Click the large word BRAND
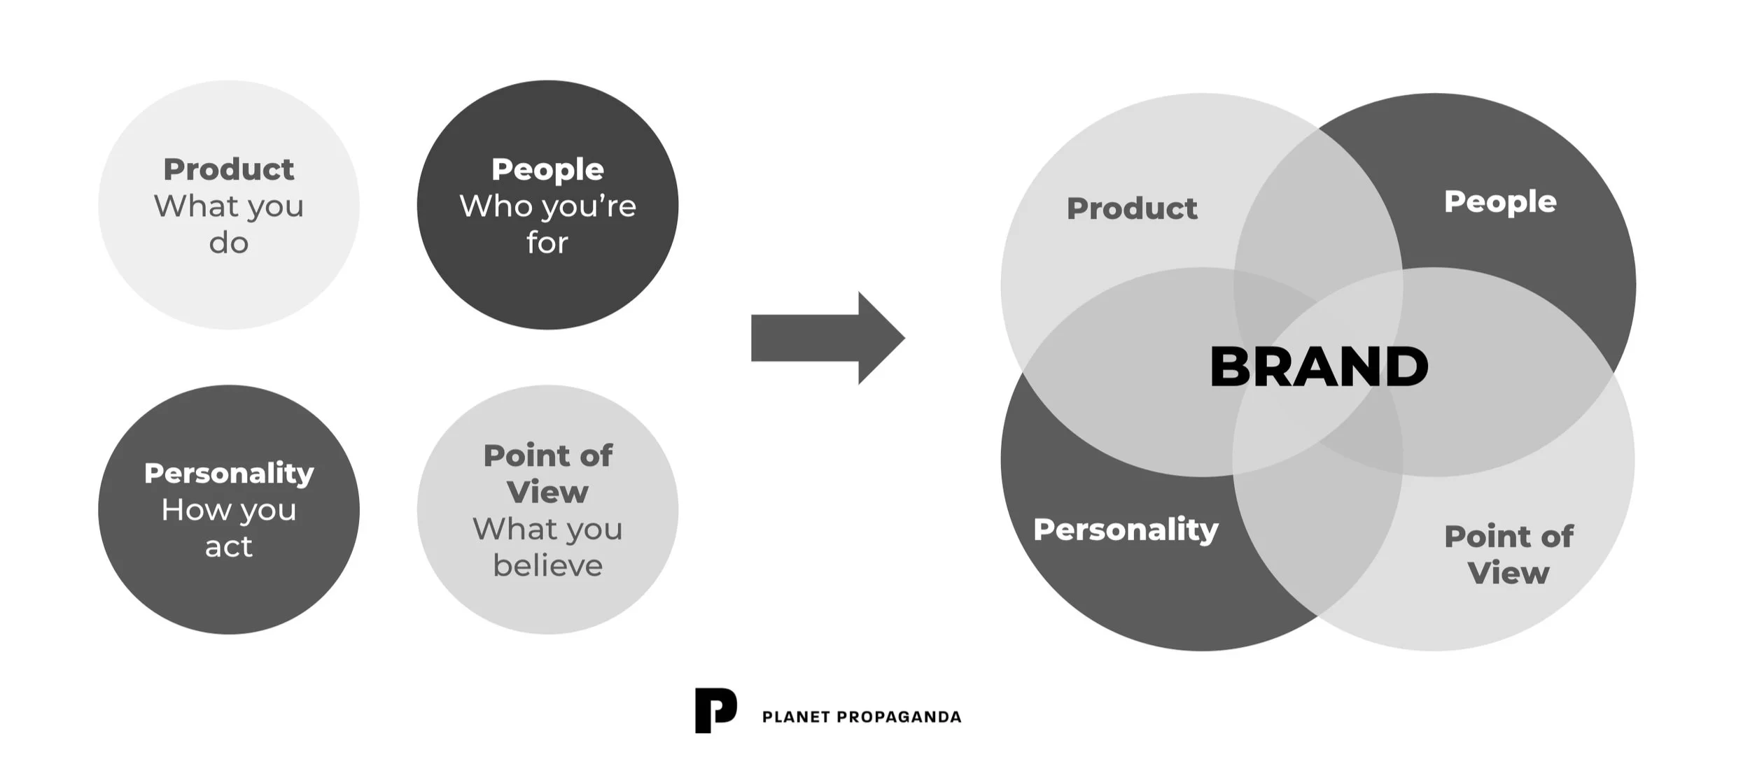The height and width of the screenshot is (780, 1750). [1319, 367]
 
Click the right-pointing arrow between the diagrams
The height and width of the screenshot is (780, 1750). [826, 338]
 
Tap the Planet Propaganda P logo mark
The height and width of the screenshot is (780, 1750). [715, 710]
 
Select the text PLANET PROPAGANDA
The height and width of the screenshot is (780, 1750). [861, 717]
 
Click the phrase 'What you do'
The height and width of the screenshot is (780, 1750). [229, 224]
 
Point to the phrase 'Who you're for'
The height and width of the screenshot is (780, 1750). [547, 224]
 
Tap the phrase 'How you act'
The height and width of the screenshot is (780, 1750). [229, 528]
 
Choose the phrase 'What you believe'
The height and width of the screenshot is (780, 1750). [547, 547]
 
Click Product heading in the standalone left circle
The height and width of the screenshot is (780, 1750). [229, 169]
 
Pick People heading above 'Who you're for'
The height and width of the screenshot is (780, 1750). [547, 169]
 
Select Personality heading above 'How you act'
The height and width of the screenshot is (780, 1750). [229, 474]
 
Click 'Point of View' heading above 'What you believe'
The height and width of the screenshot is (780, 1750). [547, 474]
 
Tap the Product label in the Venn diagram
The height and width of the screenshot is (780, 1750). [1132, 208]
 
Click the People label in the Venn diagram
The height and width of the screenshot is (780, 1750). [1500, 201]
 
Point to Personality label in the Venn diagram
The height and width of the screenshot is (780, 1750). [1126, 530]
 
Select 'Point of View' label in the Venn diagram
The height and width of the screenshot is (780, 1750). [1508, 555]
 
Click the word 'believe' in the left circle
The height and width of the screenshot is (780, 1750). [547, 565]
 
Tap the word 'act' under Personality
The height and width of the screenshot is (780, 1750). [229, 547]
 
